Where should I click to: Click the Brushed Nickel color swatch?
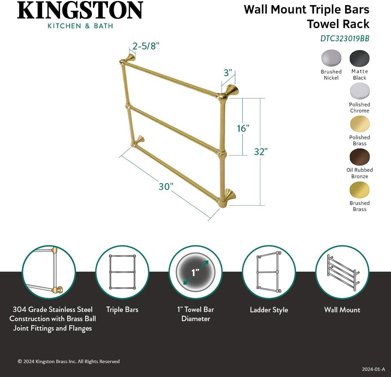[331, 58]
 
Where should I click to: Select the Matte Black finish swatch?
[359, 58]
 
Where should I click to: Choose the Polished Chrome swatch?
[359, 91]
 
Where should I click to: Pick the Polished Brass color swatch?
[359, 124]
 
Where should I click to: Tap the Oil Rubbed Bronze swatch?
[359, 157]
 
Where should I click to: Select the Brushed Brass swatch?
[359, 190]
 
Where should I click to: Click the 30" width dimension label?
[166, 187]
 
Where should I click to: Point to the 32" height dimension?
[261, 152]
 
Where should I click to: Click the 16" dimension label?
[243, 128]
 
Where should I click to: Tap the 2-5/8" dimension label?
[146, 46]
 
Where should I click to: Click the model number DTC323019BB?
[345, 39]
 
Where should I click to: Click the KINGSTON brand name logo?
[80, 11]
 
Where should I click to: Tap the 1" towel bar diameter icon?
[195, 272]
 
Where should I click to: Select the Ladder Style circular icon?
[269, 272]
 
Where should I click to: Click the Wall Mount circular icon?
[342, 272]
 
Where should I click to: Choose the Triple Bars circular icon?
[122, 272]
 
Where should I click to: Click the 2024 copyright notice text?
[69, 361]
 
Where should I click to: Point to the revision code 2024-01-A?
[373, 369]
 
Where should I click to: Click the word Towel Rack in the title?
[338, 24]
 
